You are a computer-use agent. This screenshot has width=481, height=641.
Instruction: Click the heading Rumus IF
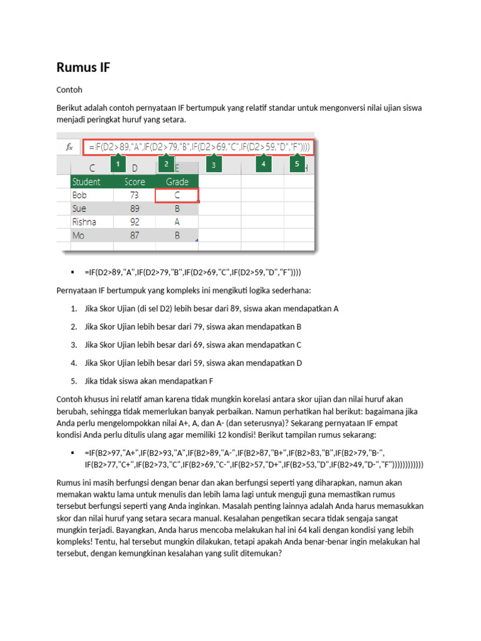click(x=83, y=67)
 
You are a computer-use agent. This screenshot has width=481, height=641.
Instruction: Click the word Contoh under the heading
click(x=70, y=90)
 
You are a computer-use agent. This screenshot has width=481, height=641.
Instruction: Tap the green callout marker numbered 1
click(x=118, y=164)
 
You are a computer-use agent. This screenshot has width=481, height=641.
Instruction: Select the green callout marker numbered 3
click(x=214, y=165)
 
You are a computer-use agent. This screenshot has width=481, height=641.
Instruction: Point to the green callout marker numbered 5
click(x=297, y=164)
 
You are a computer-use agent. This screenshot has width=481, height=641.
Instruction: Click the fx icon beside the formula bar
click(x=70, y=147)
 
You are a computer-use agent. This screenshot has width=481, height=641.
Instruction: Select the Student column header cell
click(x=91, y=182)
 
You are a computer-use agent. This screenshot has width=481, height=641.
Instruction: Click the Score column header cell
click(x=135, y=182)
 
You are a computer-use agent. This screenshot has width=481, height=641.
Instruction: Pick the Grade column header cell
click(x=177, y=182)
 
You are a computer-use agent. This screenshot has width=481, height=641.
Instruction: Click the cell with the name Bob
click(x=91, y=195)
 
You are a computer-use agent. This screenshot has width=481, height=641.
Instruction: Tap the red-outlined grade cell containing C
click(x=177, y=195)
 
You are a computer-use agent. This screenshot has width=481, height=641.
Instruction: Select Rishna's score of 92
click(x=135, y=222)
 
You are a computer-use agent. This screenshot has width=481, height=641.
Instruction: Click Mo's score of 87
click(x=135, y=235)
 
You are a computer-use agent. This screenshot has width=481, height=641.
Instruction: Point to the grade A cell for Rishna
click(x=177, y=222)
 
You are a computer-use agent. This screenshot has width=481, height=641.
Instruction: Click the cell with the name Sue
click(x=91, y=208)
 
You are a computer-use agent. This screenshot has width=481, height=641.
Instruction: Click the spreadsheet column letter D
click(x=135, y=168)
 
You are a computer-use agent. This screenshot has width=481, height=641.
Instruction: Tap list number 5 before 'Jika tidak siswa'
click(x=73, y=381)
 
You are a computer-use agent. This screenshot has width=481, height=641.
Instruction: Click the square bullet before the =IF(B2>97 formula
click(x=73, y=453)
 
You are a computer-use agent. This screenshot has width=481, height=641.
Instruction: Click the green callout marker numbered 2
click(x=166, y=164)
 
